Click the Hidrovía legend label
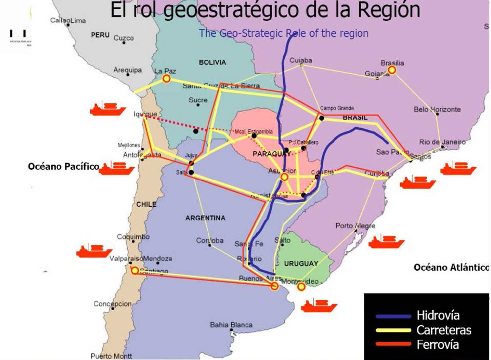[x=437, y=315]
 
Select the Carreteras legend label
[x=443, y=330]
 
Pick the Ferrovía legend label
[x=437, y=344]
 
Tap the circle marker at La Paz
[x=167, y=79]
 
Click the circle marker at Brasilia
[x=392, y=70]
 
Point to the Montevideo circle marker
[x=301, y=287]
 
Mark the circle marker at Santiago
[x=135, y=271]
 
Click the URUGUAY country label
[x=301, y=264]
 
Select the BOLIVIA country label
[x=212, y=62]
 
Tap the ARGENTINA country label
[x=205, y=218]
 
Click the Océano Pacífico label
[x=63, y=166]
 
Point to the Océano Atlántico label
[x=451, y=267]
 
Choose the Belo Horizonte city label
[x=437, y=109]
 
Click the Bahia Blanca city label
[x=231, y=325]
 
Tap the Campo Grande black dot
[x=321, y=118]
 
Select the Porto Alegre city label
[x=355, y=226]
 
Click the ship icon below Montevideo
[x=319, y=305]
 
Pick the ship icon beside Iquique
[x=108, y=109]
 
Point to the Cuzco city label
[x=124, y=38]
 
